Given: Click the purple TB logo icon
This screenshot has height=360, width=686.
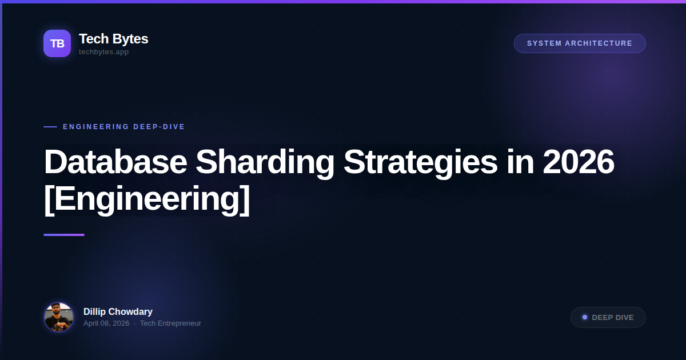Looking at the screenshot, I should tap(57, 43).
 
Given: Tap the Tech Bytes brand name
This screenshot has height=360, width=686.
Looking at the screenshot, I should tap(113, 39).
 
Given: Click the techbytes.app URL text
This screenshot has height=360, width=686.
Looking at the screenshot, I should tap(103, 52).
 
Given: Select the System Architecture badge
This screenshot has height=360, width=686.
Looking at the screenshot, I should tap(580, 43).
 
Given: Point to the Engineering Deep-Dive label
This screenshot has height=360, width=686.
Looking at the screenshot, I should tap(124, 127).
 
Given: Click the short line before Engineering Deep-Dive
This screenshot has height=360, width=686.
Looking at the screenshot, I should tap(50, 127).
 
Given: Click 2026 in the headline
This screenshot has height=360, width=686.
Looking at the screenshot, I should tap(579, 162).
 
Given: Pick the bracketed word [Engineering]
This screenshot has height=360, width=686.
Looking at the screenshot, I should tap(147, 199).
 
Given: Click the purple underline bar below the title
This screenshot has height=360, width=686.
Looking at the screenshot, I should tap(64, 235).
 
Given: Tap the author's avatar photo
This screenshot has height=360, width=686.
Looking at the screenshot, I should tap(59, 317).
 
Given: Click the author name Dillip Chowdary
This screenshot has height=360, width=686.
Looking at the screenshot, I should tap(118, 312).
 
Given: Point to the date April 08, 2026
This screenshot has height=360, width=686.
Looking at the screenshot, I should tap(106, 323).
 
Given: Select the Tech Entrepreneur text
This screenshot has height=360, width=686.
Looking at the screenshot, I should tap(170, 323).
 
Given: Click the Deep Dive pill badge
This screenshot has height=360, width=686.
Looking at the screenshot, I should tap(608, 318).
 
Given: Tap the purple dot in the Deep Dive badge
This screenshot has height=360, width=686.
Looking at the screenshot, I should tap(585, 318).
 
